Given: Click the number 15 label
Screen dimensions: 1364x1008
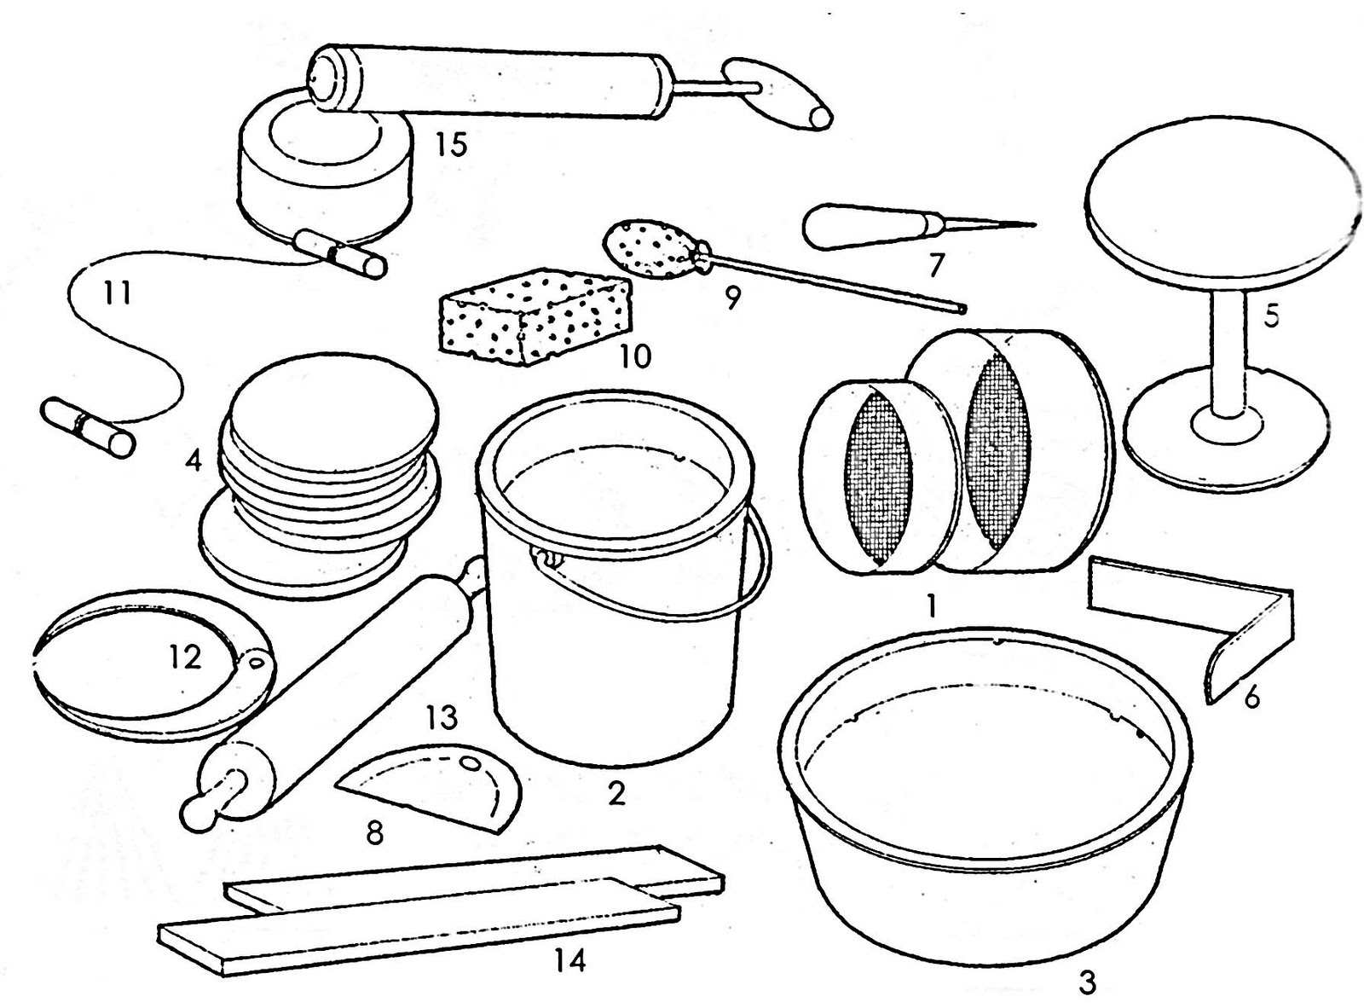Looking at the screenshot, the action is (x=452, y=145).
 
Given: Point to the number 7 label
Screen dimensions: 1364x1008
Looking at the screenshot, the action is (x=934, y=264).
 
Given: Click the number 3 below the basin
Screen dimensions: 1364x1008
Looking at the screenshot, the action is (x=1087, y=982).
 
